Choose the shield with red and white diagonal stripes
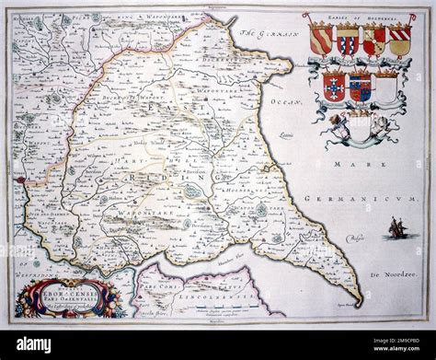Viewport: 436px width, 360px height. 399,40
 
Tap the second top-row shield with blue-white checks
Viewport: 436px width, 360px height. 347,40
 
